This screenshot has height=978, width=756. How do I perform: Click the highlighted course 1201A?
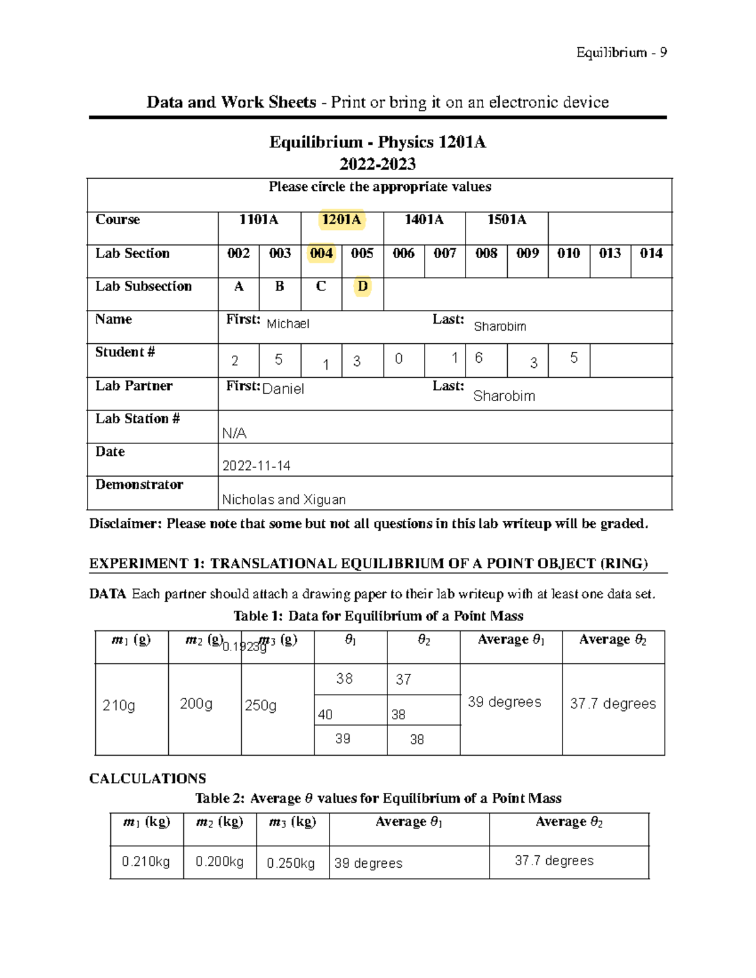tap(341, 220)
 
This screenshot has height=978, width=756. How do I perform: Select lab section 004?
tap(321, 253)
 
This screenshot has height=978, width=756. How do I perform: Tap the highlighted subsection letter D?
tap(362, 287)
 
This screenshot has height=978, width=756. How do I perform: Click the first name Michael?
tap(288, 324)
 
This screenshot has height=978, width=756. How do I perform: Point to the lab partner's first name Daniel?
tap(283, 389)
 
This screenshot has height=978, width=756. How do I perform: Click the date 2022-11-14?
tap(256, 466)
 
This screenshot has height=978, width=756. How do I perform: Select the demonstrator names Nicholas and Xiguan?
tap(283, 499)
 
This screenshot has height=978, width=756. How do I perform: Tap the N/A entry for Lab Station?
tap(234, 433)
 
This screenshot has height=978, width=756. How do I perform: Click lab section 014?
tap(651, 253)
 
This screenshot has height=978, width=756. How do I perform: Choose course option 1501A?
tap(507, 220)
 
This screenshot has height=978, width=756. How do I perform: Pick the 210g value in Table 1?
tap(118, 705)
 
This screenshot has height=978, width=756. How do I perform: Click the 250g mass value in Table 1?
tap(260, 705)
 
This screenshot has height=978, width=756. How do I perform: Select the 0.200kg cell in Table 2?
tap(219, 861)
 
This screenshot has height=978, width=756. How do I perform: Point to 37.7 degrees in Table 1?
tap(612, 703)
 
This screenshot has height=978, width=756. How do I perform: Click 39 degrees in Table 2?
tap(368, 863)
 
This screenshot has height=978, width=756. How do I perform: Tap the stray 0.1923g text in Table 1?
tap(244, 647)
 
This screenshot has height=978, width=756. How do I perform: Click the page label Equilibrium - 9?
tap(621, 52)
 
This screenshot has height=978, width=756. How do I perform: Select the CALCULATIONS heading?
tap(147, 778)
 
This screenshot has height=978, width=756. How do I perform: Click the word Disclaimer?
tap(125, 524)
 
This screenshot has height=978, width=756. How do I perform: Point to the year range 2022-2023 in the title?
tap(377, 164)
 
